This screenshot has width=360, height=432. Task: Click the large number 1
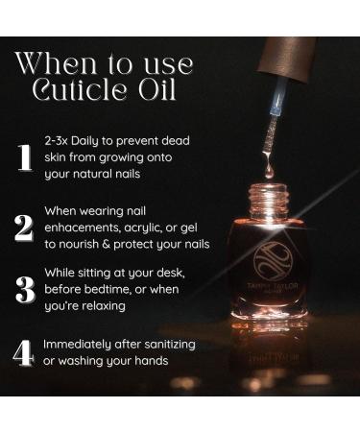tap(24, 157)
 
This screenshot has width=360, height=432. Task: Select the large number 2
tap(24, 228)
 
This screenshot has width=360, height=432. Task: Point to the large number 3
tap(25, 289)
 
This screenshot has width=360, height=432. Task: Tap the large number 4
tap(23, 352)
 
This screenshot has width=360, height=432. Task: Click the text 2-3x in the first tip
tap(56, 141)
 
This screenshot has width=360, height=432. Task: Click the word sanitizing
tap(170, 345)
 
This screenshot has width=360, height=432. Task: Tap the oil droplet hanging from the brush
tap(269, 170)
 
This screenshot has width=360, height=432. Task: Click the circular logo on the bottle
tap(273, 261)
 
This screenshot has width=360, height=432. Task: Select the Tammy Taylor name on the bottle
tap(273, 286)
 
